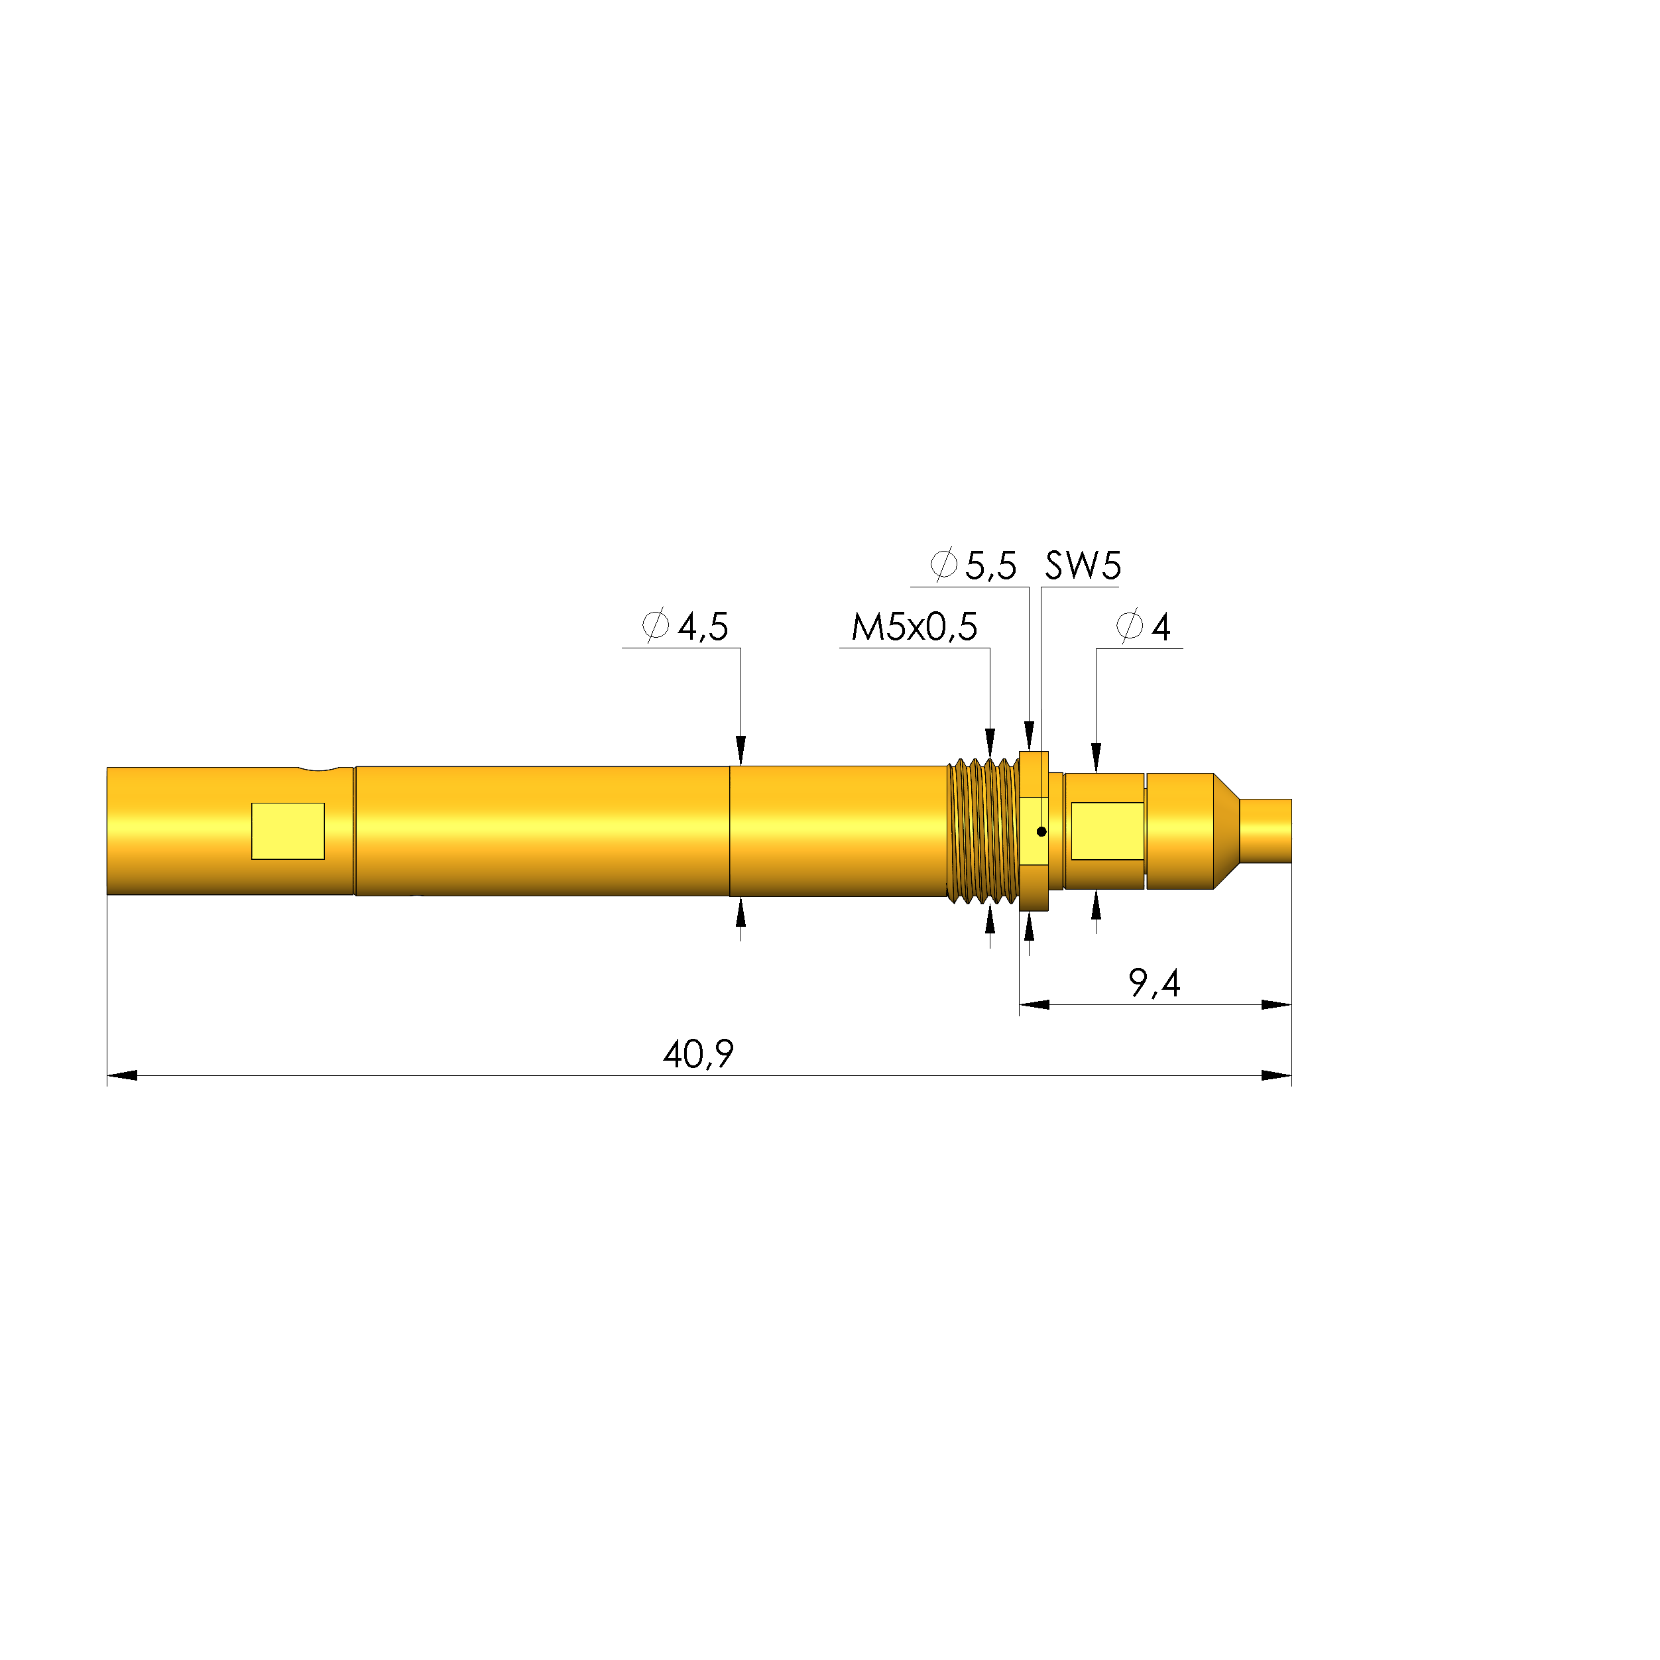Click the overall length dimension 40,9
[x=697, y=1054]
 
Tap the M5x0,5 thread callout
[x=914, y=627]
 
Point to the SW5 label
[x=1082, y=565]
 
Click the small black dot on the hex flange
[x=1041, y=832]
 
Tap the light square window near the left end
[x=288, y=831]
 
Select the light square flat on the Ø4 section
[x=1106, y=831]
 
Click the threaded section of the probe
[x=982, y=831]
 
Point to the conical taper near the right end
[x=1225, y=831]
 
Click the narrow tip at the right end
[x=1266, y=830]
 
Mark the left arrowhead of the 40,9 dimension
[x=122, y=1076]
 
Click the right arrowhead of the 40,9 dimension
[x=1277, y=1076]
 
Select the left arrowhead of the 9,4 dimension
[x=1034, y=1004]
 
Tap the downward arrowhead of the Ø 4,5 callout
[x=741, y=749]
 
